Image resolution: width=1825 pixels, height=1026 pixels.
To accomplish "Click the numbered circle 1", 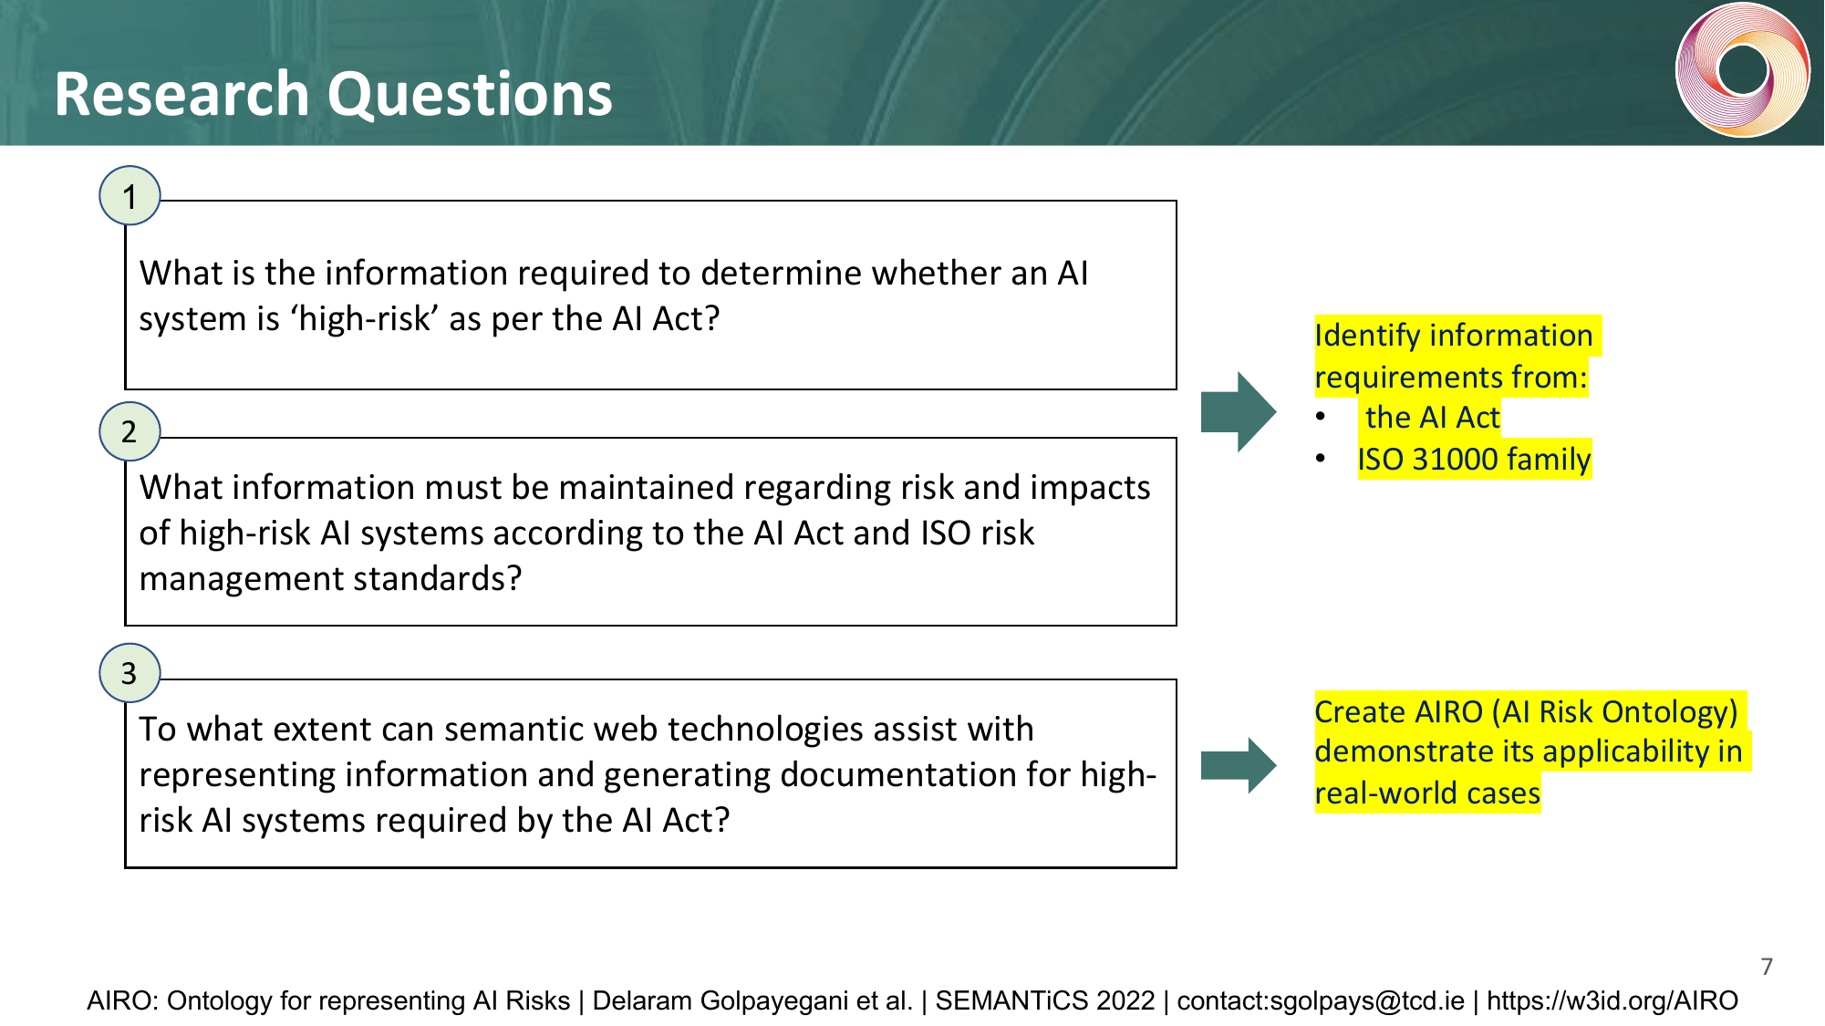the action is (x=130, y=196).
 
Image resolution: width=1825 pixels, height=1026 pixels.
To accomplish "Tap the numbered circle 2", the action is (x=130, y=431).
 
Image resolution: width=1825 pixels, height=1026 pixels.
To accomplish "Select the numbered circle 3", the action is (x=130, y=673).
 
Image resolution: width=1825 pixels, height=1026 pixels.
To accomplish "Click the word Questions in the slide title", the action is (x=470, y=95).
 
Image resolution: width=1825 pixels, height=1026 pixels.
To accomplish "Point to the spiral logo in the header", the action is (x=1742, y=70).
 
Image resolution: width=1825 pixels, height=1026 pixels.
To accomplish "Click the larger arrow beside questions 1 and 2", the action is (x=1238, y=411).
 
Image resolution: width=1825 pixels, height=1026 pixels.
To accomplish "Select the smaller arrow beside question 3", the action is (x=1238, y=765).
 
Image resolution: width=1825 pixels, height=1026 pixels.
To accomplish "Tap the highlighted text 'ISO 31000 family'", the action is (x=1474, y=459).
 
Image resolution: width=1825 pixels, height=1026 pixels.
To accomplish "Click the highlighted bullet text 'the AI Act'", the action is (x=1432, y=418).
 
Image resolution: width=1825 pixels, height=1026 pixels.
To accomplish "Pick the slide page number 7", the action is (x=1767, y=967).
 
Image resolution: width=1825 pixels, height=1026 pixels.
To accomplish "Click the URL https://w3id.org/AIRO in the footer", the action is (x=1612, y=1000).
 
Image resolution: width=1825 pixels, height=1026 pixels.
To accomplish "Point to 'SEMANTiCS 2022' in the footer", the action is (x=1045, y=1000).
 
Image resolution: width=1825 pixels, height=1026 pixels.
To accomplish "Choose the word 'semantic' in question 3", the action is (x=514, y=730).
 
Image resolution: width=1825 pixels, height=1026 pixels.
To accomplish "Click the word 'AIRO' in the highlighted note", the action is (x=1444, y=711).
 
